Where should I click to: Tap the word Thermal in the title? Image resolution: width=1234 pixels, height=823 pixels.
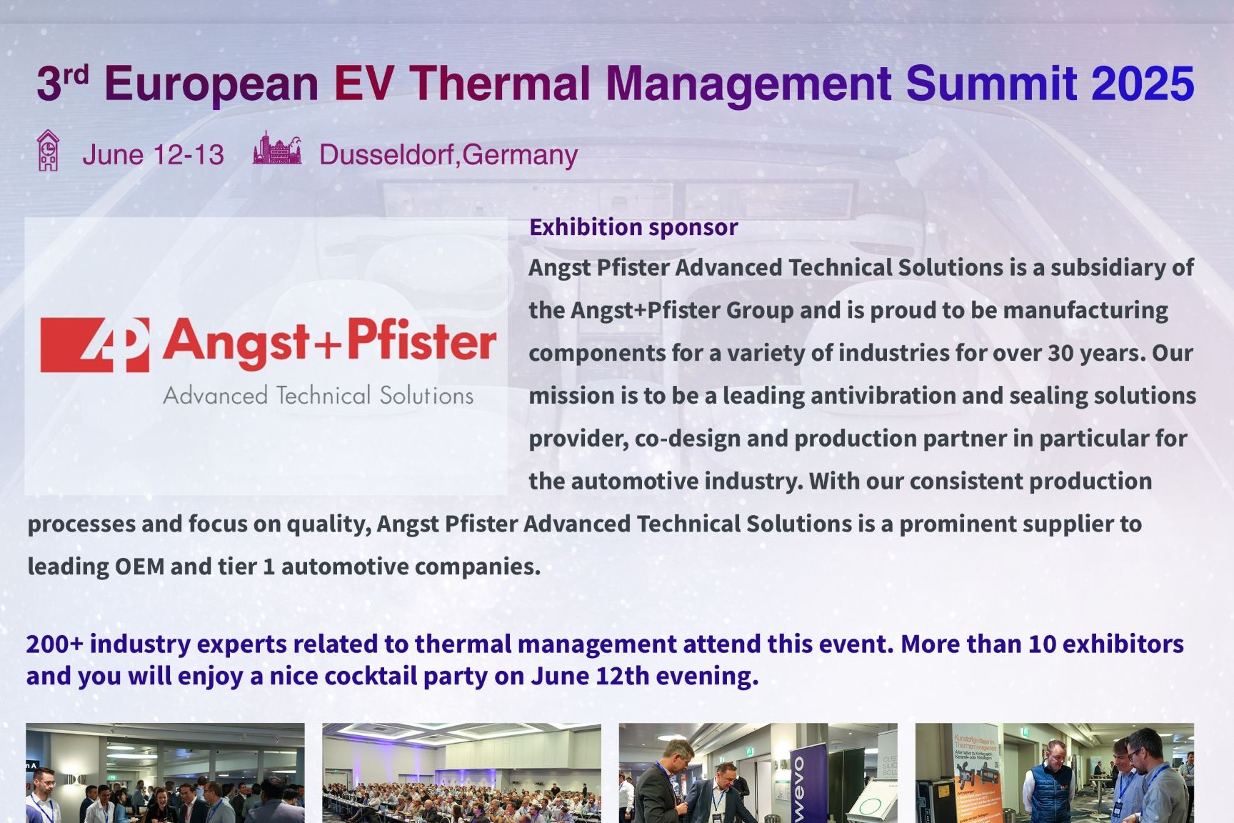[500, 84]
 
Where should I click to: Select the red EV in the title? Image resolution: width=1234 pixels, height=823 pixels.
[363, 84]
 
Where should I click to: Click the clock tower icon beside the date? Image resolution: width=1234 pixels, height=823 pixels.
[48, 151]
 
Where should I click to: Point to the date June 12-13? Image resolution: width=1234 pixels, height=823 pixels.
[153, 155]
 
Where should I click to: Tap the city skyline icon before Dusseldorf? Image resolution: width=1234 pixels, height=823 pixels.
[277, 148]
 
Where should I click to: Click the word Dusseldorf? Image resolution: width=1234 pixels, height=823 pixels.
[386, 155]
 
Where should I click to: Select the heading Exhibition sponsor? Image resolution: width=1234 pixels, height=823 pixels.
[633, 227]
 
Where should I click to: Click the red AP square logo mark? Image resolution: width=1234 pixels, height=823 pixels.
[95, 345]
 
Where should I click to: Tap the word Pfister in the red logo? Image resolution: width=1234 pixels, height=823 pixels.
[422, 341]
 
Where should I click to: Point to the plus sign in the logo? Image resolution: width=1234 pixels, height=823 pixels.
[328, 346]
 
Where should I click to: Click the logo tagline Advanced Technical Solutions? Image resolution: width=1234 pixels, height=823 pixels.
[318, 395]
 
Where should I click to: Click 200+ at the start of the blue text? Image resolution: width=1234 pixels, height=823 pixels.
[55, 644]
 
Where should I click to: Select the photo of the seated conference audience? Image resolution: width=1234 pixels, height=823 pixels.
[461, 773]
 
